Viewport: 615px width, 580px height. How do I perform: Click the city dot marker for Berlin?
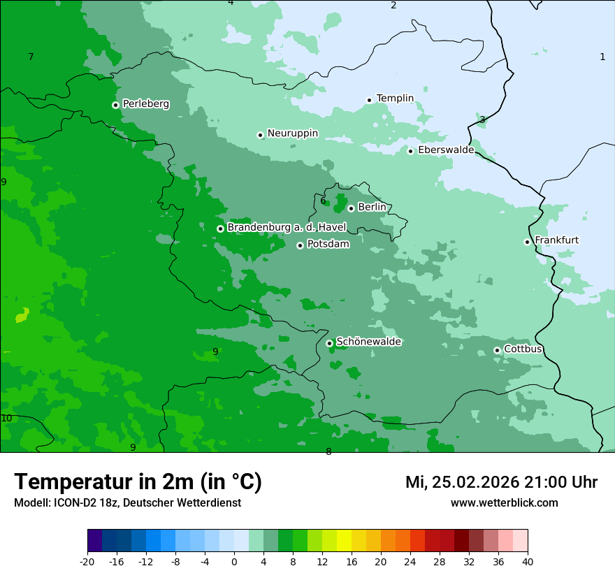point(351,208)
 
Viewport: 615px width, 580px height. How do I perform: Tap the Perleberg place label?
point(145,104)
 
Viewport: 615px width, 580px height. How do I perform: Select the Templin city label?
point(395,99)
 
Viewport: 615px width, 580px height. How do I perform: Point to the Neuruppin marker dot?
point(260,135)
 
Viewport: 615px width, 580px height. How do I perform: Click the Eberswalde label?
point(446,150)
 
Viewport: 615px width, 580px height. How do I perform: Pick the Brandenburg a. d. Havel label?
point(287,227)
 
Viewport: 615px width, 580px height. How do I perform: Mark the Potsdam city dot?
point(300,245)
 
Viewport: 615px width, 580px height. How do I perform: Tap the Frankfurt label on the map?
point(556,240)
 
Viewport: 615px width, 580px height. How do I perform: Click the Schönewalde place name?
point(368,342)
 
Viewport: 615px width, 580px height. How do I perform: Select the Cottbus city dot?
point(497,350)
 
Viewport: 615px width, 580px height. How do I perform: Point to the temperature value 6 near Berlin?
point(323,201)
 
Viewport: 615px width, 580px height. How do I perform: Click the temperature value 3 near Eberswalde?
point(482,119)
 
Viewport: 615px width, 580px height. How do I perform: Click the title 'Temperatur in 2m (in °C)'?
point(138,481)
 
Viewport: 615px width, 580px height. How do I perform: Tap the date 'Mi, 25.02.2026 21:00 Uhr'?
point(501,482)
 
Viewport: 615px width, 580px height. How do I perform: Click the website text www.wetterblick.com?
point(504,502)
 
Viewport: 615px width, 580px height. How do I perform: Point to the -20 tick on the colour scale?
point(87,561)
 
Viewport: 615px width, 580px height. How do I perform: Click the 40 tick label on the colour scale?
point(528,561)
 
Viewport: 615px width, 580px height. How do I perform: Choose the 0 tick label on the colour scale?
point(234,561)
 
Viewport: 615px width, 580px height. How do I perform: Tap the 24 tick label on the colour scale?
point(410,561)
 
